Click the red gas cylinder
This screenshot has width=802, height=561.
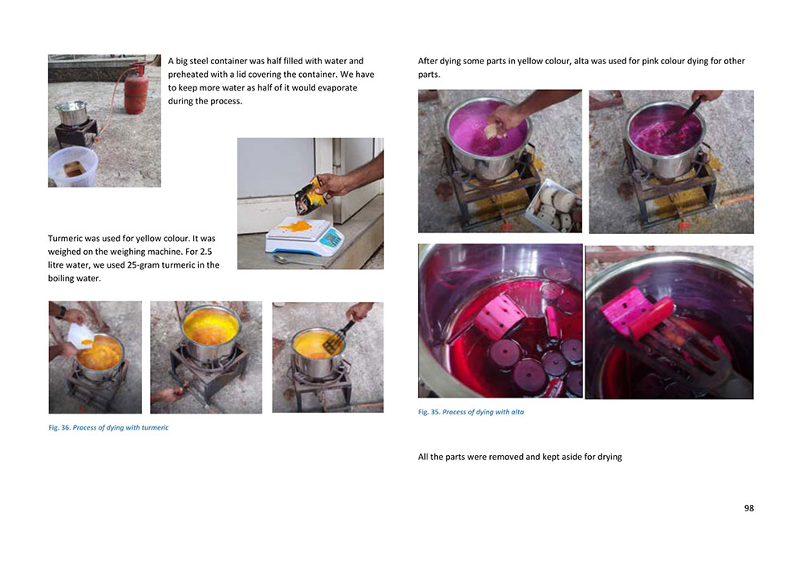136,89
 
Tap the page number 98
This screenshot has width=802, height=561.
748,508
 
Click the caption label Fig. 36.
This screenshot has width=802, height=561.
59,428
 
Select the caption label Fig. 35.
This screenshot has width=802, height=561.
429,412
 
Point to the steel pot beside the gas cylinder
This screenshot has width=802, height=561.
72,113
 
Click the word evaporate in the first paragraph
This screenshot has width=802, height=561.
335,88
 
